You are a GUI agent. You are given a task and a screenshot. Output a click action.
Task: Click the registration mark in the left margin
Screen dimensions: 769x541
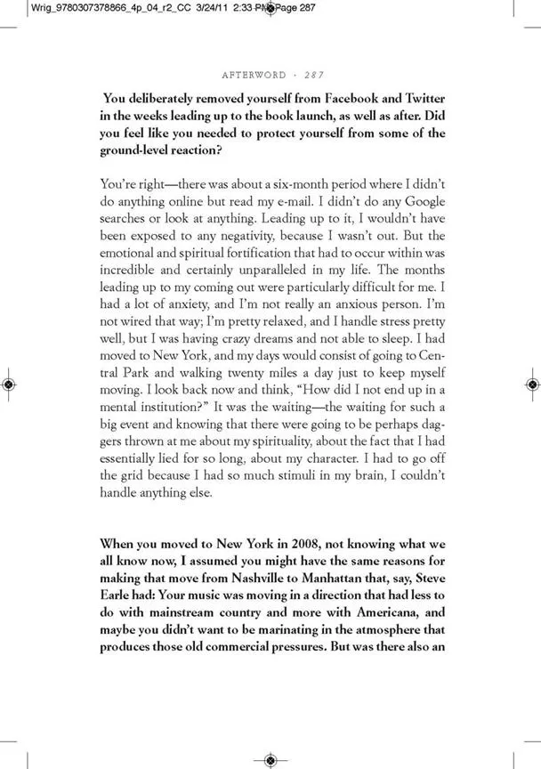click(7, 384)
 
